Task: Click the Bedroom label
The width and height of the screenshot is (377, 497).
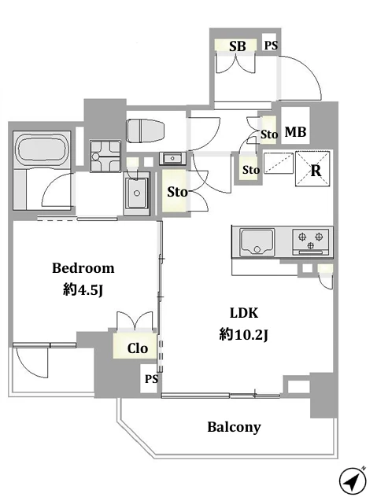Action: point(83,268)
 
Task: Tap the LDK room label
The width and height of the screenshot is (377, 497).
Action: point(244,313)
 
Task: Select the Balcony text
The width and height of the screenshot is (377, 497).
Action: point(235,427)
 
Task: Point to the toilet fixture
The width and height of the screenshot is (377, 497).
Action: point(146,131)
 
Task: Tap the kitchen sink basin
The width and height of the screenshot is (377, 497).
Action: point(257,242)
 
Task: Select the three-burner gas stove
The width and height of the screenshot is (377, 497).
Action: point(311,242)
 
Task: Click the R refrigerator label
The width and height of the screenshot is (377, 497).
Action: point(316,171)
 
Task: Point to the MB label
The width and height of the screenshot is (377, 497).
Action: point(295,132)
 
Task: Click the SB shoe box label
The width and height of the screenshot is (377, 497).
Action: point(238,46)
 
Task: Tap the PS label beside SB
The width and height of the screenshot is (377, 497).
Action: point(271,46)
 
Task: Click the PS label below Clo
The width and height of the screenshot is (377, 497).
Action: point(151,379)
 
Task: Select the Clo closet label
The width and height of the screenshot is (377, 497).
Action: point(138,348)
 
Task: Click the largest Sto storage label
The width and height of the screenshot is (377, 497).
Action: point(177,192)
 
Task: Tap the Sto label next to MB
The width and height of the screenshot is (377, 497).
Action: point(269,134)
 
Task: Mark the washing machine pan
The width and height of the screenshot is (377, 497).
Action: point(105,156)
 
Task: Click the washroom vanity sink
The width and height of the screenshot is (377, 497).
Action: point(137,193)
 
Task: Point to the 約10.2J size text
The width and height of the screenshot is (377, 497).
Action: point(243,335)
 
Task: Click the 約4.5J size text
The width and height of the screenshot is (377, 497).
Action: point(83,289)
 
